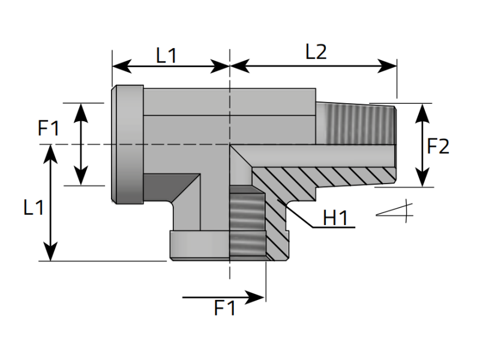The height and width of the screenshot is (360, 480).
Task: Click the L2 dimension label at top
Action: coord(316,52)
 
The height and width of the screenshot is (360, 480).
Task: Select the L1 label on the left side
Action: coord(34,208)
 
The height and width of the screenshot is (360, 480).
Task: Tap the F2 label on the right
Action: coord(438,146)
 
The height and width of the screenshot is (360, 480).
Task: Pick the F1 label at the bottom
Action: coord(225,308)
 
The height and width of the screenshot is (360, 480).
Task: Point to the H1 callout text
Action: coord(335,218)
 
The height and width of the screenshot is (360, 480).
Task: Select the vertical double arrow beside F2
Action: coord(423,145)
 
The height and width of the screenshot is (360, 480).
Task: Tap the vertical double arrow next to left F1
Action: coord(80,144)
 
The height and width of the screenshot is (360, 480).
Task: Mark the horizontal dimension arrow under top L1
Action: coord(171,66)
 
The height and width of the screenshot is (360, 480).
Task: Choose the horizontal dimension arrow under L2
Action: coord(313,66)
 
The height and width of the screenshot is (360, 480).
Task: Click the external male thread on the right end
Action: coord(357,124)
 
